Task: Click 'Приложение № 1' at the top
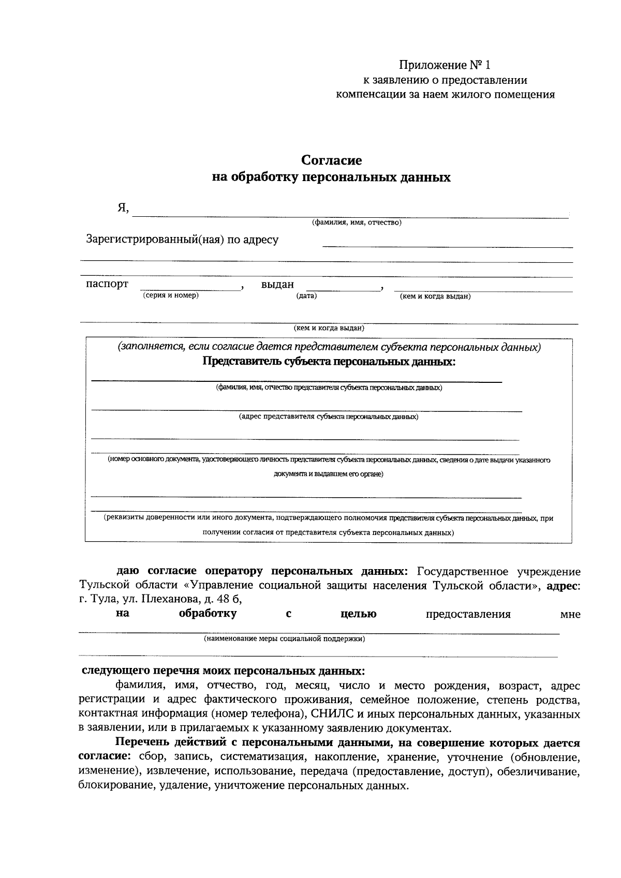click(443, 65)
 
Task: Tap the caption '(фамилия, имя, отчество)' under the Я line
click(356, 222)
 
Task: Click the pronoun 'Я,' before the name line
click(123, 208)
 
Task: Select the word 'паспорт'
click(107, 284)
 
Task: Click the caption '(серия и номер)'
click(171, 295)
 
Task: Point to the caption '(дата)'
click(306, 295)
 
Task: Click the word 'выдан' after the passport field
click(277, 285)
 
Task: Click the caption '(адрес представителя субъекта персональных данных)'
click(329, 416)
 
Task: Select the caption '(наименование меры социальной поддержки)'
click(284, 638)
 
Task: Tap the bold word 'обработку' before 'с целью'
click(208, 614)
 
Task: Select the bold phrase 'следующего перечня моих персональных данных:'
click(224, 671)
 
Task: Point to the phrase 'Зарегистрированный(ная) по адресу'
click(182, 240)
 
